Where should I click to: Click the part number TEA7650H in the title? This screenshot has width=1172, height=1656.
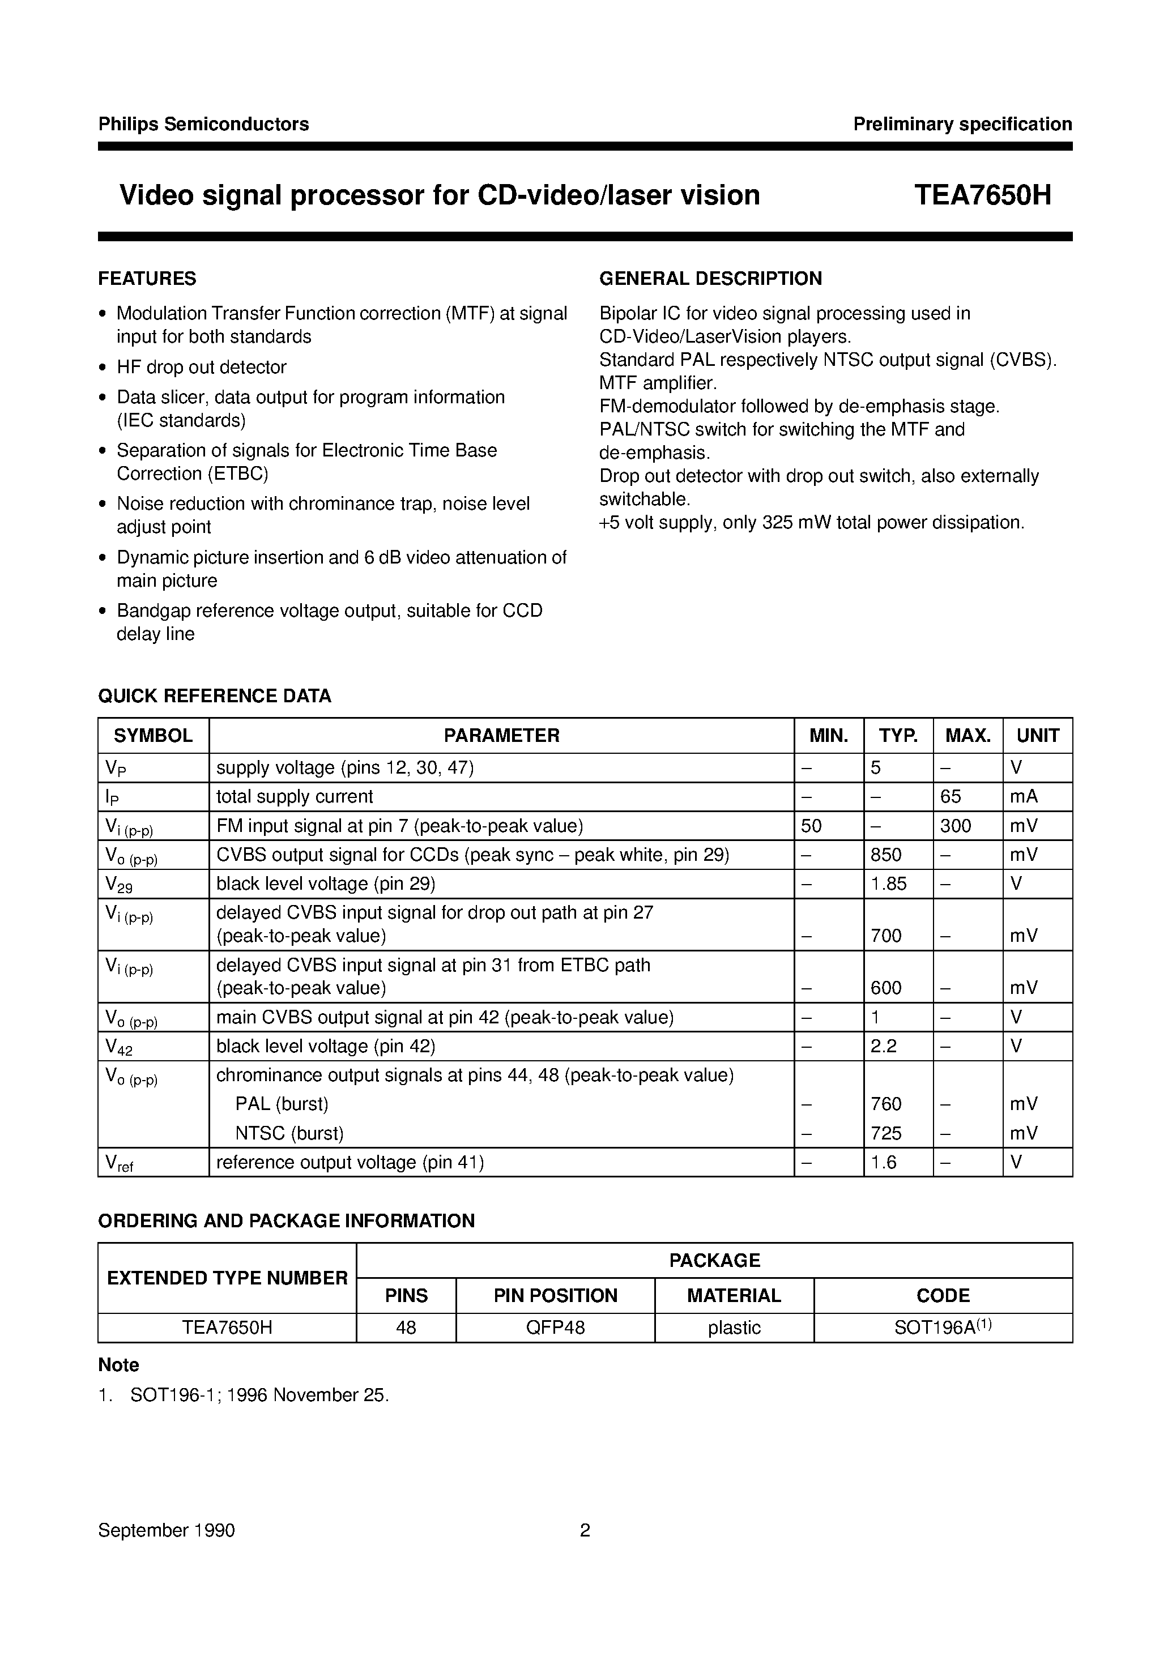click(x=982, y=195)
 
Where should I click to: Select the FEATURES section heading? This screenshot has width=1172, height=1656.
click(x=147, y=279)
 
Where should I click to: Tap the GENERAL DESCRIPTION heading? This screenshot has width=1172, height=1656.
click(x=710, y=279)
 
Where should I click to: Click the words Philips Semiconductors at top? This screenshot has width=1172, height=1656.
click(x=203, y=124)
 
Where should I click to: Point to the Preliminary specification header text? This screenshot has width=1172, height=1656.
click(x=962, y=124)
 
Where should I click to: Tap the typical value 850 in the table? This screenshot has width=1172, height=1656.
click(x=886, y=855)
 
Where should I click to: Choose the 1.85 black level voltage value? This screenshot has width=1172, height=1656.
click(x=888, y=884)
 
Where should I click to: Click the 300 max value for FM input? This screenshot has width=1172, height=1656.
click(x=956, y=826)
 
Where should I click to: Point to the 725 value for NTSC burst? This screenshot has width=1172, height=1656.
click(x=886, y=1134)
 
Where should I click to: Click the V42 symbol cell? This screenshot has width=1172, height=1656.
click(x=119, y=1047)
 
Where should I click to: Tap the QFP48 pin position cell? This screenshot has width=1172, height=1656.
click(x=555, y=1328)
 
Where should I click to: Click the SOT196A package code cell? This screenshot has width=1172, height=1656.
click(x=943, y=1328)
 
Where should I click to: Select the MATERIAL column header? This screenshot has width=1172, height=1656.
click(x=734, y=1296)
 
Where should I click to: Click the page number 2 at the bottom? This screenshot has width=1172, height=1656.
click(x=585, y=1530)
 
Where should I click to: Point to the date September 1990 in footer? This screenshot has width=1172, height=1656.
click(x=167, y=1530)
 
